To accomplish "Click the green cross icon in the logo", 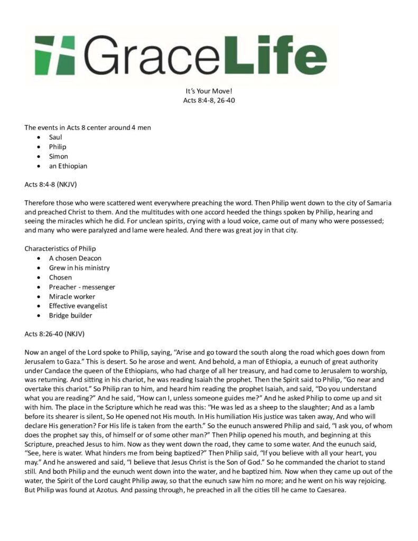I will (x=53, y=54).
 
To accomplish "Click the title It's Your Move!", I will (x=209, y=90).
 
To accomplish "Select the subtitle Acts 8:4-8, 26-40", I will (x=209, y=100).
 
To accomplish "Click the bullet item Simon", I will (x=58, y=156).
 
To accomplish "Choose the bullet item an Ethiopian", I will (x=68, y=166).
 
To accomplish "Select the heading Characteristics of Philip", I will (x=60, y=249).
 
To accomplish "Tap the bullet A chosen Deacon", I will (x=75, y=258).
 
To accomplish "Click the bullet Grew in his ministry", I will (x=79, y=268).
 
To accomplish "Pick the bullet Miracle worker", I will (x=73, y=296).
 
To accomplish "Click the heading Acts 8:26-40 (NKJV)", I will (x=54, y=334).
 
